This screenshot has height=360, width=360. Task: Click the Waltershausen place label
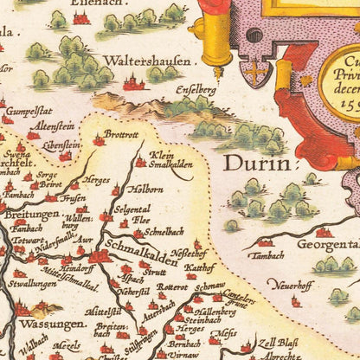click(x=146, y=61)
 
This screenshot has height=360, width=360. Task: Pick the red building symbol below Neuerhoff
click(x=296, y=300)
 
